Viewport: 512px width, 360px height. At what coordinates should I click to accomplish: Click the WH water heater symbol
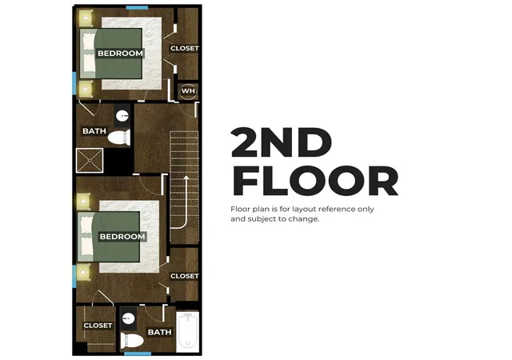click(188, 91)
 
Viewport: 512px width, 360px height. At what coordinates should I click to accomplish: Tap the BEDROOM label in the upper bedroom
click(120, 54)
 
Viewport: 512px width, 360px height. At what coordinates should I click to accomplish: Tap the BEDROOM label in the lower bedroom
click(122, 237)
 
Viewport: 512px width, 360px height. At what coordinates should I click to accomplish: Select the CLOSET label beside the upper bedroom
click(185, 48)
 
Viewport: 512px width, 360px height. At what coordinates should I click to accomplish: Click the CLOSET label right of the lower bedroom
click(185, 276)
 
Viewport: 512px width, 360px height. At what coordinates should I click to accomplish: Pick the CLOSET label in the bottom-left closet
click(98, 326)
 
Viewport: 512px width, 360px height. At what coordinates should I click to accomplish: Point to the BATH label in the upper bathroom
click(94, 131)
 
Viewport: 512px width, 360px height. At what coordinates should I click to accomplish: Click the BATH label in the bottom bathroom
click(160, 332)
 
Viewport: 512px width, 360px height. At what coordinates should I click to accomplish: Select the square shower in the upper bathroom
click(90, 160)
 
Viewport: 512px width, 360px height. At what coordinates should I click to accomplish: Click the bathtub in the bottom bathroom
click(187, 331)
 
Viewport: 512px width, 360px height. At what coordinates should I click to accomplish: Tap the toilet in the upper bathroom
click(119, 138)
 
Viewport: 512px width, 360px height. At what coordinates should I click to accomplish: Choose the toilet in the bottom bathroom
click(132, 341)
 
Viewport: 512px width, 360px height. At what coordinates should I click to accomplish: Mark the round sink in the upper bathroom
click(122, 116)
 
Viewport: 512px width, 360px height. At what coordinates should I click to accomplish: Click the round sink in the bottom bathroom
click(129, 318)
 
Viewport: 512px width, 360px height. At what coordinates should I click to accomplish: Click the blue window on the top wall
click(137, 7)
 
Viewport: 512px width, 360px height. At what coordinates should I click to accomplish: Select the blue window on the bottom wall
click(138, 354)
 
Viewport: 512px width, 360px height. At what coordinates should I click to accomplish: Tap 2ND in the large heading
click(282, 142)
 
